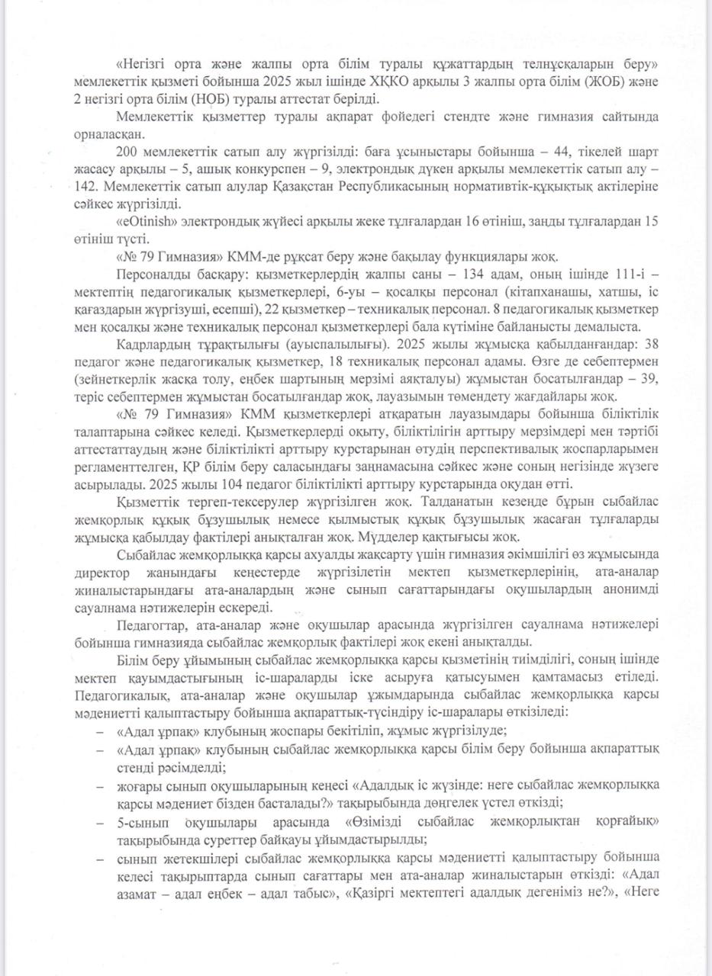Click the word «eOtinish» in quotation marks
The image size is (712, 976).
(143, 222)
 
